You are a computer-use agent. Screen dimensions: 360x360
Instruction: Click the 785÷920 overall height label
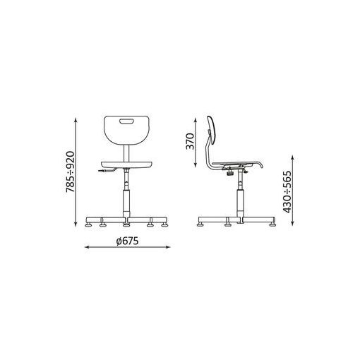70,172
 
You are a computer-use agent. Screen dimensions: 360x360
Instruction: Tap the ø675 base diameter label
127,241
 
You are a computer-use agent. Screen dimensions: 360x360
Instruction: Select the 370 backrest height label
190,141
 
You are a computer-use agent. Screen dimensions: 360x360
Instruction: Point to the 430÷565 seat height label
287,192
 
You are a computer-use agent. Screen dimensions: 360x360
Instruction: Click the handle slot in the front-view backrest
126,121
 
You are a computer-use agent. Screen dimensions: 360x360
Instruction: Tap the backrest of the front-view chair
126,130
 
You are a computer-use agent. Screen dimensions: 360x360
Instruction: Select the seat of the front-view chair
126,164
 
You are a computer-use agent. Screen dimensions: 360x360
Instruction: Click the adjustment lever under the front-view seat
107,170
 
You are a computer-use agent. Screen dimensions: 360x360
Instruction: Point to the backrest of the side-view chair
212,130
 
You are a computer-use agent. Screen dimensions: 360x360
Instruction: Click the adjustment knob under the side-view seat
229,174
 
